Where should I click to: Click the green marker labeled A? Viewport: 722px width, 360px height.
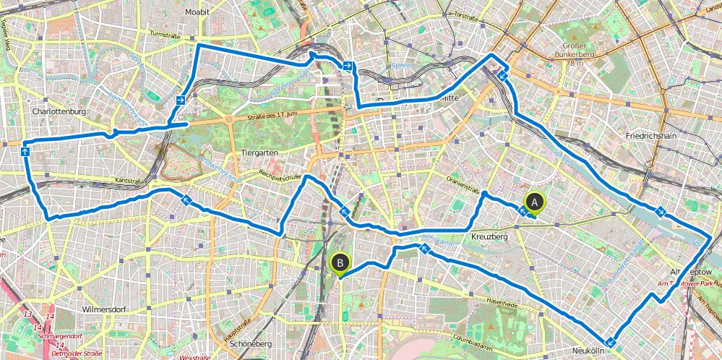(x=534, y=202)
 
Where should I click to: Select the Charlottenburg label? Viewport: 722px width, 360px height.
(x=59, y=112)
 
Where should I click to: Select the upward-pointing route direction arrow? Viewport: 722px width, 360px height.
(x=25, y=152)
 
